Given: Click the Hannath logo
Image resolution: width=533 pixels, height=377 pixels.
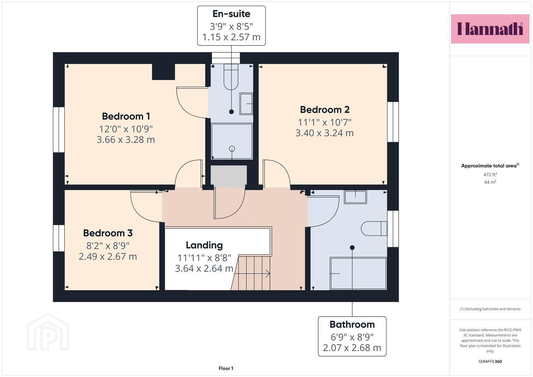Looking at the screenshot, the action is click(x=490, y=29).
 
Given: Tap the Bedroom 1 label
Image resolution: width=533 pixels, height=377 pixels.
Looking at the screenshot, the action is click(x=126, y=116).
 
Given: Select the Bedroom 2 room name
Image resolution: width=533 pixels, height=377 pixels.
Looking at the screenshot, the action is click(x=325, y=110).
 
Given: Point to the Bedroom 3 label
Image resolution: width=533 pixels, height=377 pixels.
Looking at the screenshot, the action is click(x=108, y=233).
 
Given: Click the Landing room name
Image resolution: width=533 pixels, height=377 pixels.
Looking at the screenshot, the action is click(x=204, y=245).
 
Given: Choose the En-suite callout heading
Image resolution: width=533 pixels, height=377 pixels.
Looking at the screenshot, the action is click(x=231, y=14).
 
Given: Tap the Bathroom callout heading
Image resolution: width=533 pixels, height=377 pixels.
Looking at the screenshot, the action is click(x=352, y=324).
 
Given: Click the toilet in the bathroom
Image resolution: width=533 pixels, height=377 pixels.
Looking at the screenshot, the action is click(x=374, y=229).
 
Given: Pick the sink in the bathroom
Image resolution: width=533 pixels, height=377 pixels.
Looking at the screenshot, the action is click(x=355, y=197).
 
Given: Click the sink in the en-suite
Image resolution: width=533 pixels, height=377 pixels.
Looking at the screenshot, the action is click(x=246, y=104).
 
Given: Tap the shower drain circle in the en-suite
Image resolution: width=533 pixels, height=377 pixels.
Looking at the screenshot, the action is click(x=232, y=149).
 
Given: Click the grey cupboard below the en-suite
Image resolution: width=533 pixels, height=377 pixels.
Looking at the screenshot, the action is click(x=229, y=176).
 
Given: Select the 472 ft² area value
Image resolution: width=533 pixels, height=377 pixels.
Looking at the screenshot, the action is click(x=490, y=175).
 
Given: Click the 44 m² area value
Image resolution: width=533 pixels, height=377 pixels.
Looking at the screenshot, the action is click(x=490, y=182).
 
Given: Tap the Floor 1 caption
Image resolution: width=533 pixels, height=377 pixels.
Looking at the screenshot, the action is click(x=226, y=368).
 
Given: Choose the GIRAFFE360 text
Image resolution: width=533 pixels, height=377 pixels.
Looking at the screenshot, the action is click(x=490, y=361).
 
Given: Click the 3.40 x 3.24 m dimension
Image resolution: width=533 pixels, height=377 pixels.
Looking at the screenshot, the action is click(x=325, y=133).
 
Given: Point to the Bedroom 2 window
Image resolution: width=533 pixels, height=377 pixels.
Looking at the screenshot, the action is click(x=393, y=122).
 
